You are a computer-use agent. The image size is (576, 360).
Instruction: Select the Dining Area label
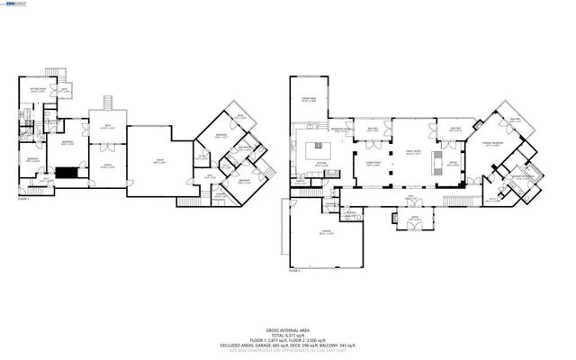coord(308,100)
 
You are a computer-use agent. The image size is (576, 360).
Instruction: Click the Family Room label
coord(413,153)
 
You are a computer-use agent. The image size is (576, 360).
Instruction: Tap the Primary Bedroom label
coord(491,144)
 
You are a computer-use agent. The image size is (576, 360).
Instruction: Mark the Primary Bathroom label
coord(525,176)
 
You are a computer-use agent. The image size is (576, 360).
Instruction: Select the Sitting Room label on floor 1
coord(37,91)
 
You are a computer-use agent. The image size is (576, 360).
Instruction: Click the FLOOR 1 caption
coord(24,199)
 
